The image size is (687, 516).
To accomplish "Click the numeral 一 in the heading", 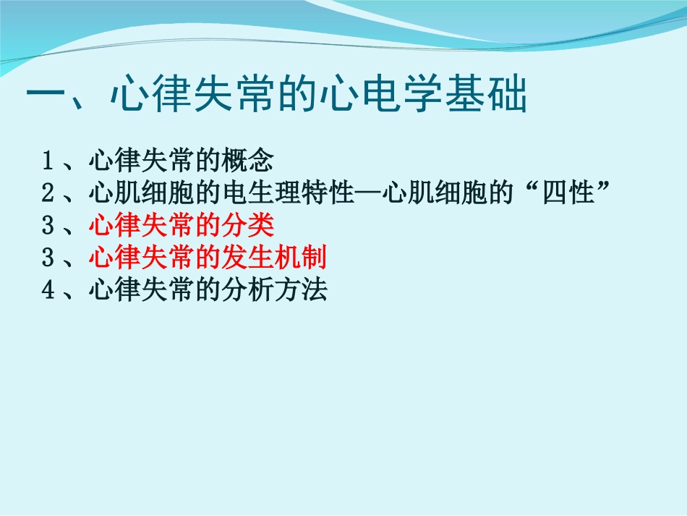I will (47, 96).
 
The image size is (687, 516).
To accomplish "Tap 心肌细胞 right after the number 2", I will (140, 193).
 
